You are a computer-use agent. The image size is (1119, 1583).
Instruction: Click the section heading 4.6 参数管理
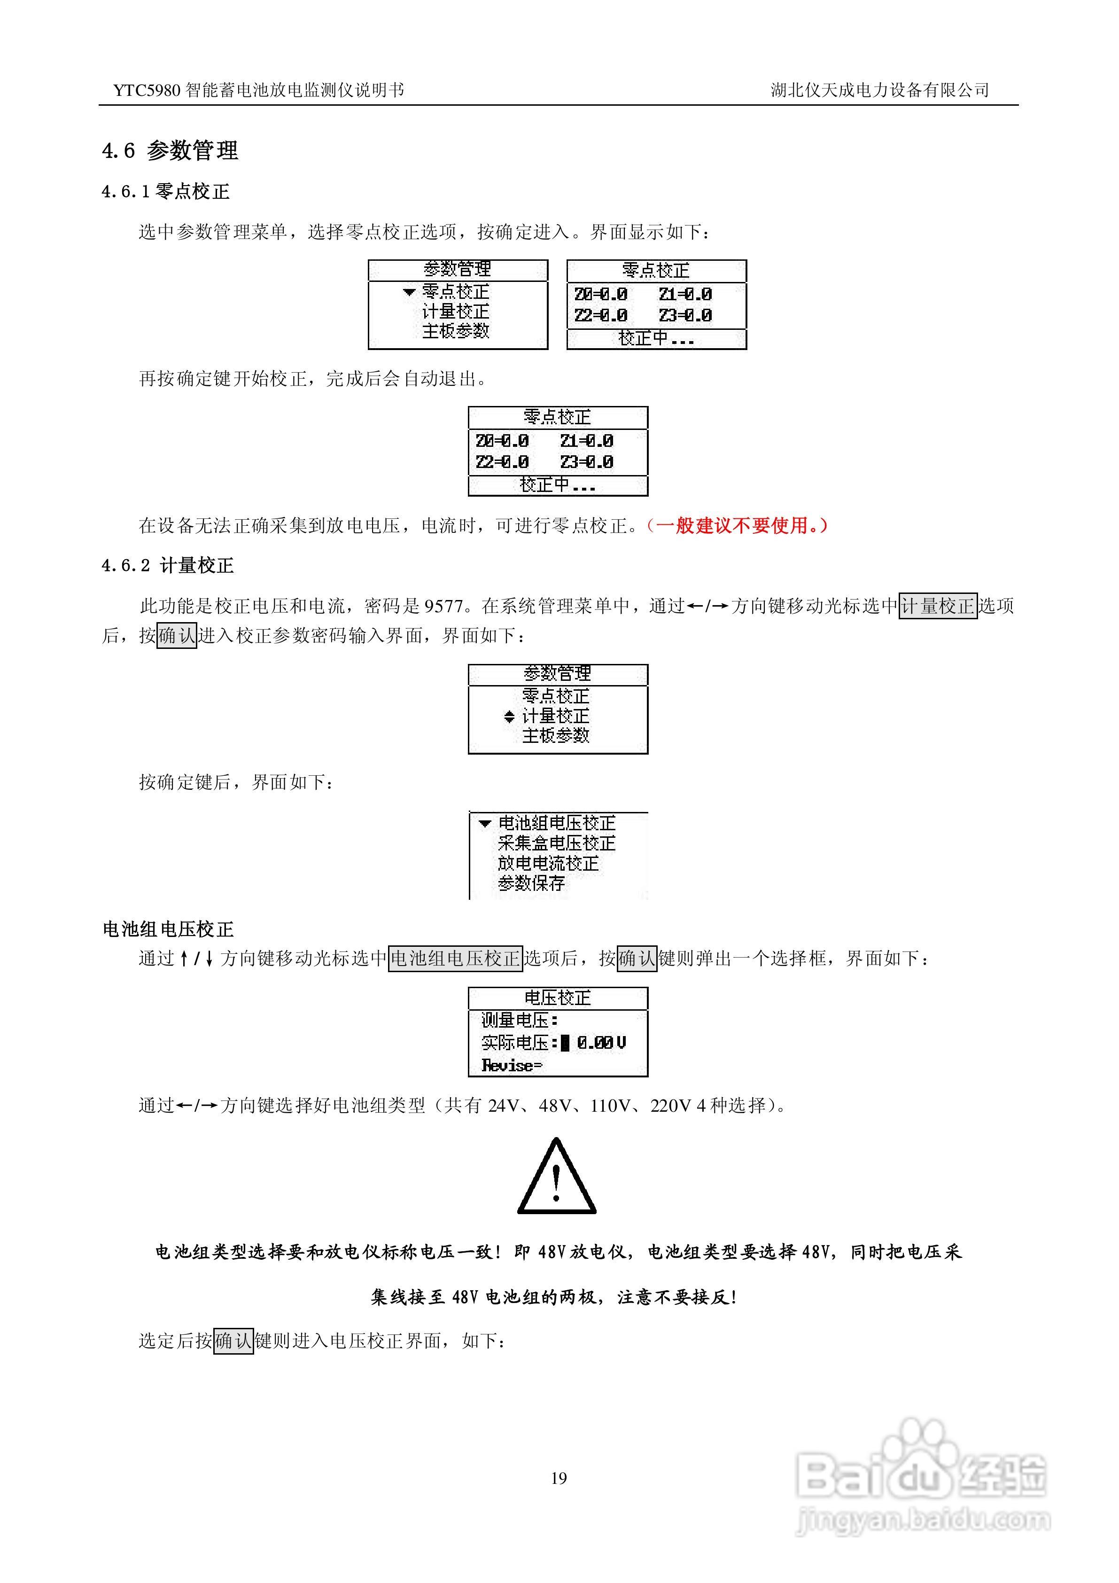[170, 150]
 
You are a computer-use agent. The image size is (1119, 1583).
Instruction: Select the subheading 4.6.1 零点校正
[165, 192]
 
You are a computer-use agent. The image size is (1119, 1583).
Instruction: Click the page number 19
[559, 1477]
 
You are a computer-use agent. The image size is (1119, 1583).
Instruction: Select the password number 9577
[443, 606]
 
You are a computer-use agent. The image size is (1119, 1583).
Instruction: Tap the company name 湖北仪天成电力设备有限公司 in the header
[880, 90]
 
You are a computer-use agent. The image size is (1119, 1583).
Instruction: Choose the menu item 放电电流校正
[548, 863]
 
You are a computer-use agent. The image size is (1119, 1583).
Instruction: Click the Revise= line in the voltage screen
[512, 1065]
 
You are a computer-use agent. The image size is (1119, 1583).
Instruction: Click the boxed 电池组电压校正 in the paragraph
[455, 959]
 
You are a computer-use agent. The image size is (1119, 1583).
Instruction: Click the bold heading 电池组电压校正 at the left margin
[168, 929]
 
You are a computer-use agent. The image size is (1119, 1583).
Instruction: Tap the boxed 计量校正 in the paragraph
[938, 606]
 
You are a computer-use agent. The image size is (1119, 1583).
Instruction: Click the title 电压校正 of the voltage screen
[557, 998]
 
